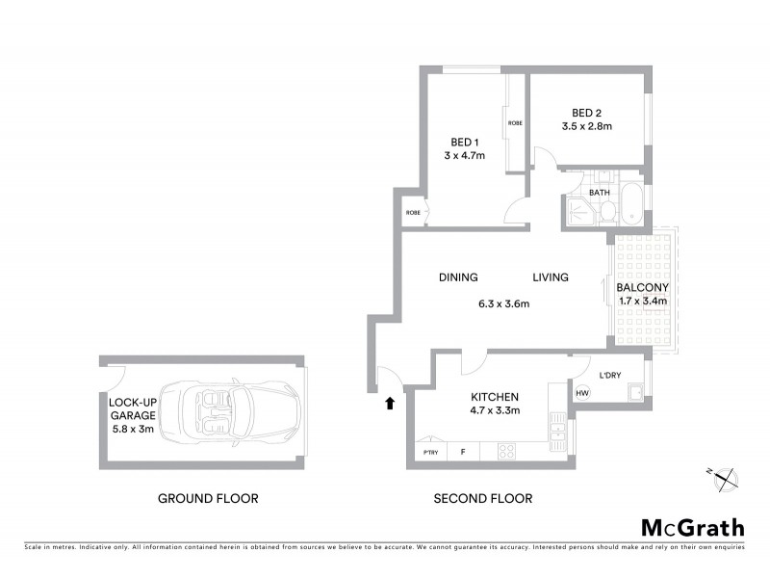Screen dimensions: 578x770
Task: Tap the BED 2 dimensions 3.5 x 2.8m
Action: (x=587, y=126)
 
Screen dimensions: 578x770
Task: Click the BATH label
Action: (x=600, y=193)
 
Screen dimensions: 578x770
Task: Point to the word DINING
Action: (x=458, y=277)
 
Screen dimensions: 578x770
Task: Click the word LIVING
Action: (x=551, y=277)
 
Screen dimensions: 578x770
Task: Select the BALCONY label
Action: (x=642, y=288)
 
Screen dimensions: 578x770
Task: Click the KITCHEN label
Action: (x=495, y=397)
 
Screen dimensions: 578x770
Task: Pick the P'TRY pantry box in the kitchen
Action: (x=428, y=452)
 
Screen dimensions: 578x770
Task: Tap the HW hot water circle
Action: (x=582, y=393)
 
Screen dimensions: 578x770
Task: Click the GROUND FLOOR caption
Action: (x=208, y=499)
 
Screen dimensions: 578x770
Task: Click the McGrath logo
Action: (x=692, y=527)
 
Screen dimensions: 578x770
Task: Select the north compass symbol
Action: (x=724, y=476)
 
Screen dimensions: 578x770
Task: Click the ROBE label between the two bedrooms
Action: (x=516, y=123)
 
